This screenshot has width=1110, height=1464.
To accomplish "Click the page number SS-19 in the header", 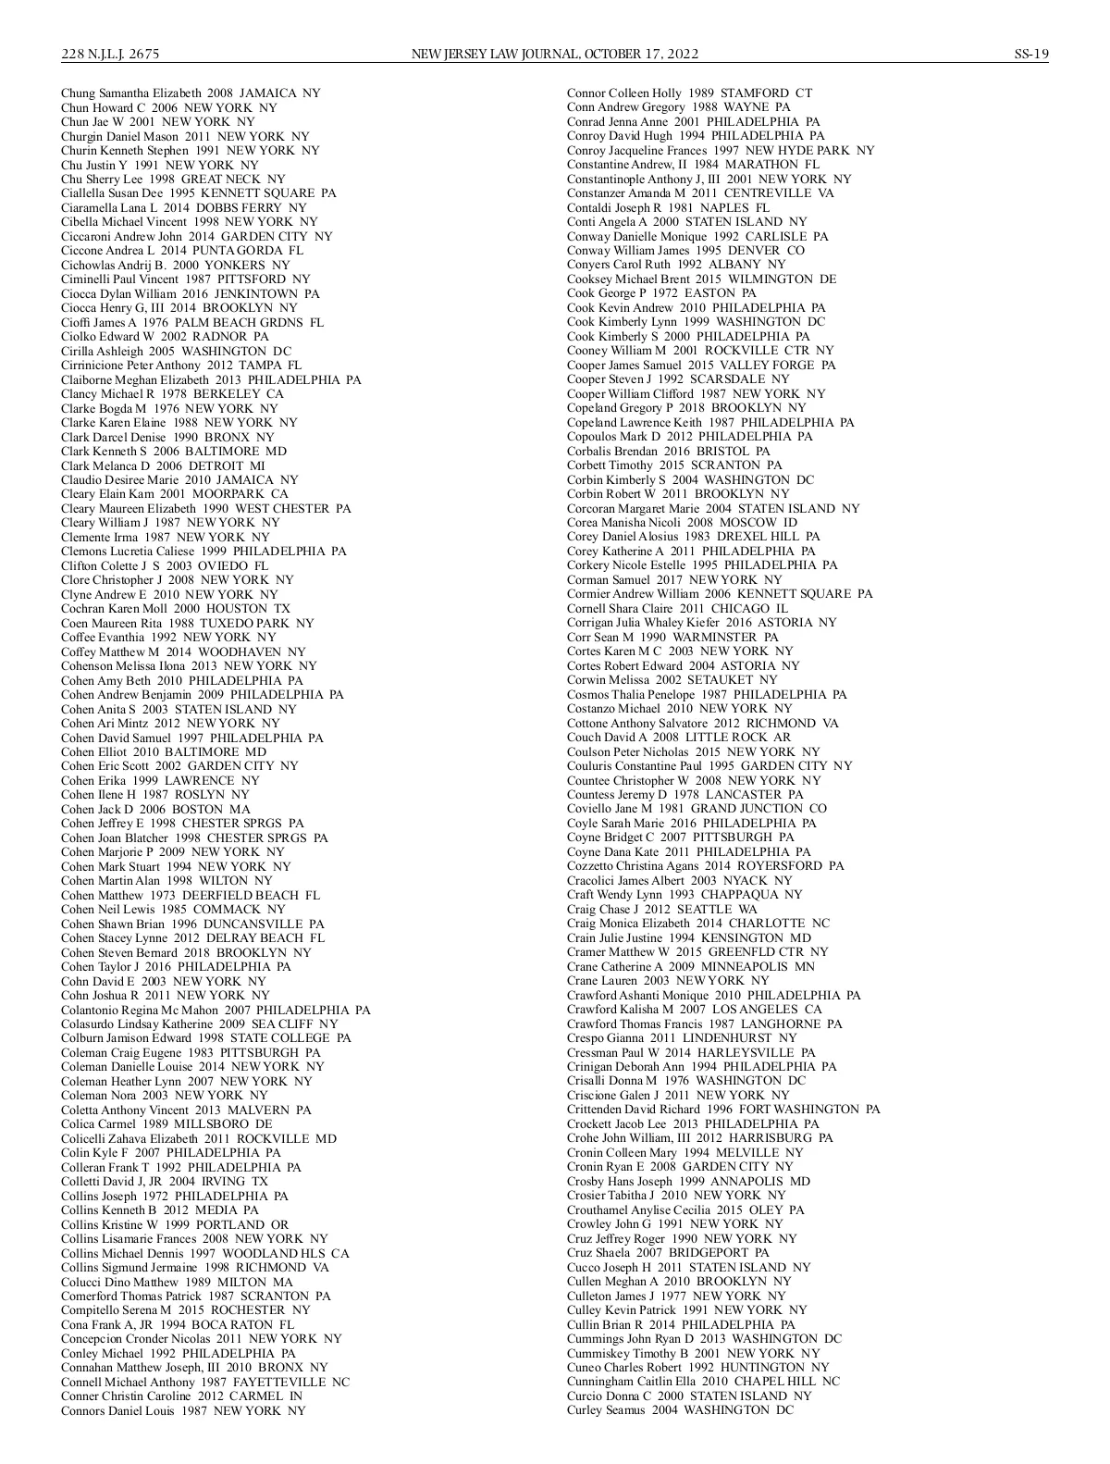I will click(1030, 54).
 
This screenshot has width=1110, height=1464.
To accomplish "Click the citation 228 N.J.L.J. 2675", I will click(110, 54).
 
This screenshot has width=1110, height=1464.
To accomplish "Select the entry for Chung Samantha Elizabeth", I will click(191, 93).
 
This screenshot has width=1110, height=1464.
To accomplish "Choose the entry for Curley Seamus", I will click(680, 1409).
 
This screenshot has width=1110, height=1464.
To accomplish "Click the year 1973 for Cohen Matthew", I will click(164, 895).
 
